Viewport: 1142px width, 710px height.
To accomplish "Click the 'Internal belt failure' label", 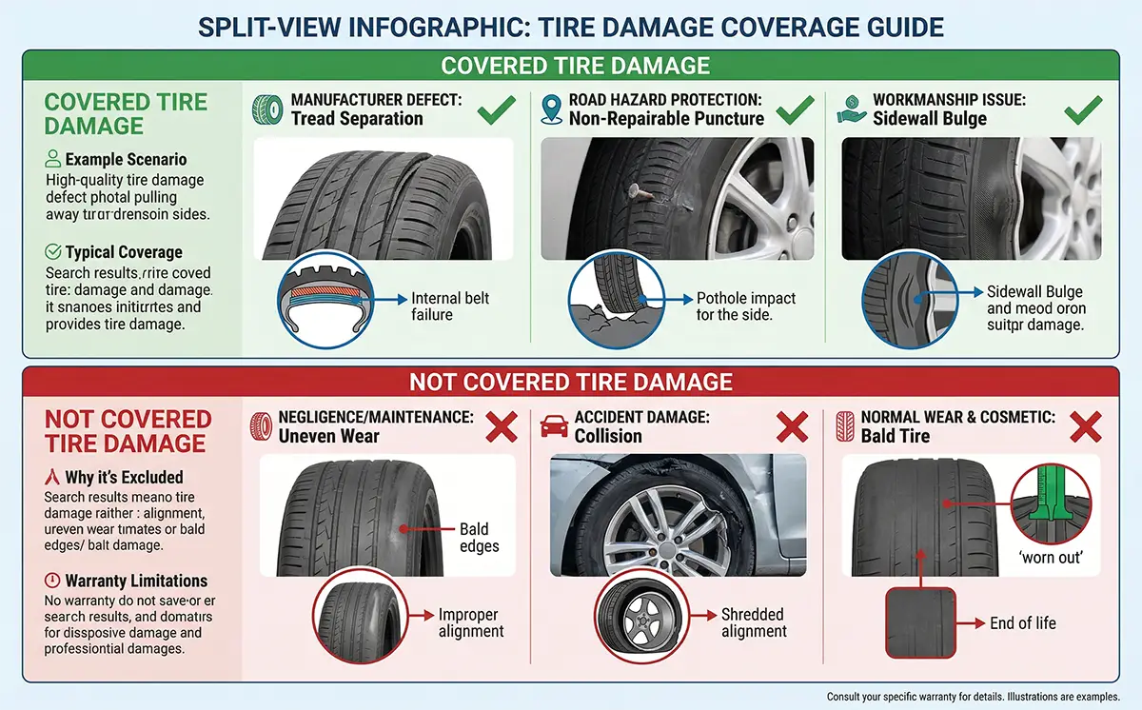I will pos(450,306).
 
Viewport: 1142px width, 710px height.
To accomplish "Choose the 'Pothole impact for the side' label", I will pos(734,306).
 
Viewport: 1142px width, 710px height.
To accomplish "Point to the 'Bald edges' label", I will pos(474,537).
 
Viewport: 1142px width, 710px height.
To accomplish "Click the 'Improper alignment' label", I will pos(471,622).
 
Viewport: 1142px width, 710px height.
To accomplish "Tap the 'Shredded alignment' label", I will pos(754,622).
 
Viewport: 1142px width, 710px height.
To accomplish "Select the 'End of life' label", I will pos(1023,623).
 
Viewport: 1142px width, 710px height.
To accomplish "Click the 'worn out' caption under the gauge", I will pos(1051,557).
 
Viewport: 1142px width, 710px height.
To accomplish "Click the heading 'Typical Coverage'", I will pos(124,252).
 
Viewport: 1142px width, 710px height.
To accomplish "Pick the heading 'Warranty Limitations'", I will pos(136,581).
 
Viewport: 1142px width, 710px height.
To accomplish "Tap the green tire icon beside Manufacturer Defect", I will pos(267,108).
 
